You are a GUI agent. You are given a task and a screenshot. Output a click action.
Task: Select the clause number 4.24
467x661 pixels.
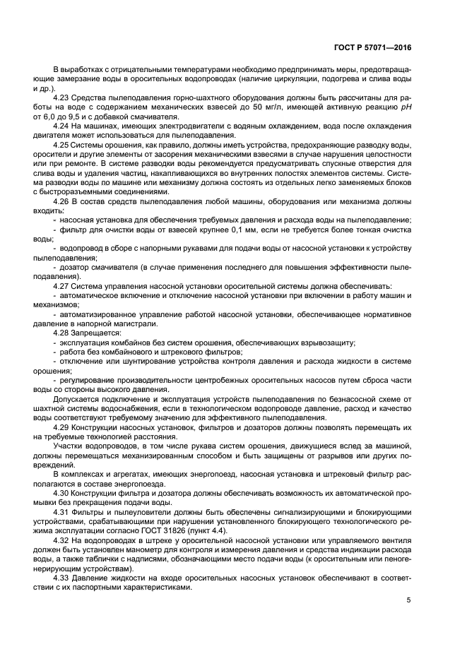(x=63, y=126)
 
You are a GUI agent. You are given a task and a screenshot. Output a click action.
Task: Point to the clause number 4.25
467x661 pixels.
(x=63, y=145)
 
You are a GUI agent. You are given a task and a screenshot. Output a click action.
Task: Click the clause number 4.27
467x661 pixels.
(x=63, y=286)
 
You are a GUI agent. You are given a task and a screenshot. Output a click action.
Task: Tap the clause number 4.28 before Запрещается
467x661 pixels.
(x=63, y=332)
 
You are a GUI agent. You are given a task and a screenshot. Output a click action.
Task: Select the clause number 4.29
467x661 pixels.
(x=63, y=427)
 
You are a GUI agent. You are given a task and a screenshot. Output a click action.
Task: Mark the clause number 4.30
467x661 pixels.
(x=63, y=492)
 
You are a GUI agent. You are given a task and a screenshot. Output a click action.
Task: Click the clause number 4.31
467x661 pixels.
(x=63, y=511)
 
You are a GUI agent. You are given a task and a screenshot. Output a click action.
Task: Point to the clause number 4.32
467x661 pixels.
(x=63, y=539)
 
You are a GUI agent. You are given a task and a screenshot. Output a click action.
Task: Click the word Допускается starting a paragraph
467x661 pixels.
(x=76, y=399)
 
